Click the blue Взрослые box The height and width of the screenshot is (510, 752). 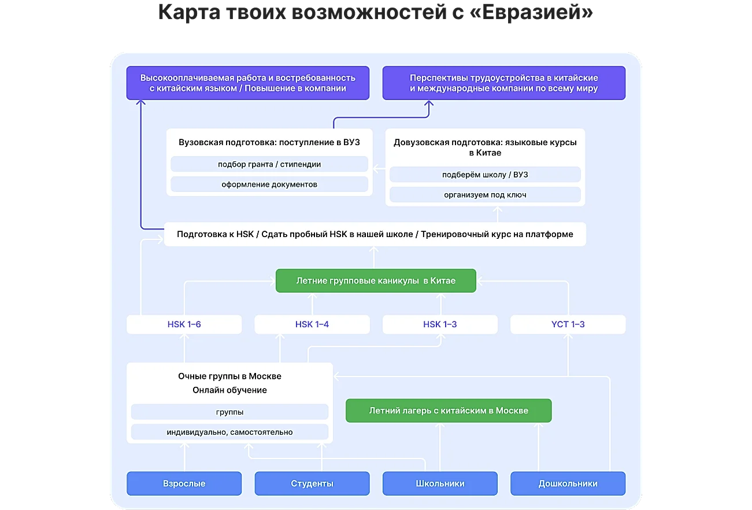pyautogui.click(x=184, y=483)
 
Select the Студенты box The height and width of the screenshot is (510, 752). pyautogui.click(x=312, y=483)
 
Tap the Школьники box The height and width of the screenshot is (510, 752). pyautogui.click(x=440, y=483)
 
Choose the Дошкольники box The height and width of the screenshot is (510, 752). pyautogui.click(x=568, y=483)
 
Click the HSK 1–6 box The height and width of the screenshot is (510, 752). pyautogui.click(x=184, y=324)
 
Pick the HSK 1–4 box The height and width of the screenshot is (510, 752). pyautogui.click(x=312, y=324)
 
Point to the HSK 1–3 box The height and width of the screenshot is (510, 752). pyautogui.click(x=440, y=324)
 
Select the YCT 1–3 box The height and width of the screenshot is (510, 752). pyautogui.click(x=568, y=324)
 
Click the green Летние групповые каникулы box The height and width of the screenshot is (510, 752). pyautogui.click(x=376, y=280)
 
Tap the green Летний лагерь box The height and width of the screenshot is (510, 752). pyautogui.click(x=449, y=411)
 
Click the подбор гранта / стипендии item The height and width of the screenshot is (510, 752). pyautogui.click(x=269, y=164)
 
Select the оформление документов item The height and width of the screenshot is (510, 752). pyautogui.click(x=269, y=184)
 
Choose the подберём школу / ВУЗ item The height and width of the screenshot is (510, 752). pyautogui.click(x=485, y=175)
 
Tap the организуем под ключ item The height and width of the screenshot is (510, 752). pyautogui.click(x=485, y=195)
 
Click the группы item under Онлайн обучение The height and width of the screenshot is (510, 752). pyautogui.click(x=229, y=412)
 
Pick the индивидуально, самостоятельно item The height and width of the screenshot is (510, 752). pyautogui.click(x=229, y=432)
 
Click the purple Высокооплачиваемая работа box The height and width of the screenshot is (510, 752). pyautogui.click(x=248, y=83)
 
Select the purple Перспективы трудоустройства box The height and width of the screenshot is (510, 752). pyautogui.click(x=504, y=83)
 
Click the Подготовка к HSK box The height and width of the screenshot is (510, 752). pyautogui.click(x=375, y=234)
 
